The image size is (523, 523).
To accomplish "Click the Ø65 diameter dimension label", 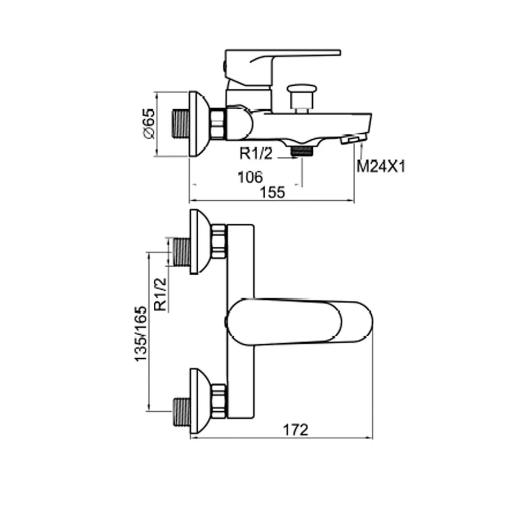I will tap(149, 123).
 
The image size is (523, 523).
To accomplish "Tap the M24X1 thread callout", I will tap(381, 166).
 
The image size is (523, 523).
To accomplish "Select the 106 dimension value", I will tap(250, 177).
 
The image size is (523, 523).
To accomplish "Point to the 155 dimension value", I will tap(272, 192).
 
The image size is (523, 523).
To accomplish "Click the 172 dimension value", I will tap(296, 429).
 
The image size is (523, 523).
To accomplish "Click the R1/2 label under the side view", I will tap(257, 154).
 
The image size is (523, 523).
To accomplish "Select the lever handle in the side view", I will tap(282, 60).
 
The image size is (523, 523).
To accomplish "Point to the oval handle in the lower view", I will tap(301, 323).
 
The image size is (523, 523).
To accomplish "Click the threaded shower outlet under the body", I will tap(301, 152).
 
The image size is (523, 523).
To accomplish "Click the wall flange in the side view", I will tap(198, 124).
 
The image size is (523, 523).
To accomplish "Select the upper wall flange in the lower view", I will tap(199, 242).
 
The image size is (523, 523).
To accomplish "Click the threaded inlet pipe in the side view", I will tap(180, 124).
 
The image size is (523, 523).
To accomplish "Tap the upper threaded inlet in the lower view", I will tap(181, 252).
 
